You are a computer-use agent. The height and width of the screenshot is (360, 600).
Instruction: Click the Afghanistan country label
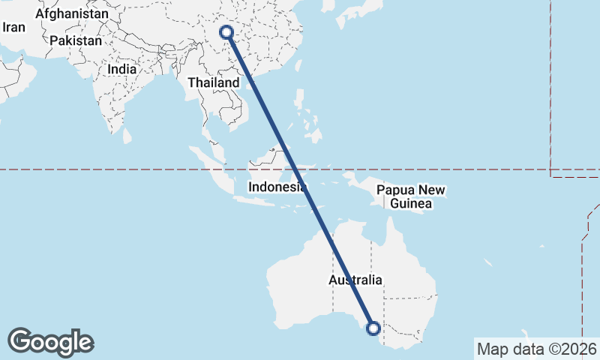(71, 13)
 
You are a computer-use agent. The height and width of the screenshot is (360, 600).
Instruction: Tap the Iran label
(14, 27)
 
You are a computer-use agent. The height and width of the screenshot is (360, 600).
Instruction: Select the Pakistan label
(76, 40)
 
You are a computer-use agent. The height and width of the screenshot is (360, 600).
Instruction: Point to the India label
(122, 68)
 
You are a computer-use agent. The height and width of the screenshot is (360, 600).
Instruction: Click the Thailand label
(213, 82)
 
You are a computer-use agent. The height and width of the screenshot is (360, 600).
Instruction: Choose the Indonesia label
(277, 187)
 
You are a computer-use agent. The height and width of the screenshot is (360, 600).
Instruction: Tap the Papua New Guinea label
(411, 197)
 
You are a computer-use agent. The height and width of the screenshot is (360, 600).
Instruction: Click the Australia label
(355, 280)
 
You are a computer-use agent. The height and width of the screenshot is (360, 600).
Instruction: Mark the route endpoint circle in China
(226, 32)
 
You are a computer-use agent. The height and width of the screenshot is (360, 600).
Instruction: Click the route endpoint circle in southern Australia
(373, 328)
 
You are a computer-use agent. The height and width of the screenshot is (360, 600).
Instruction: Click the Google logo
(50, 341)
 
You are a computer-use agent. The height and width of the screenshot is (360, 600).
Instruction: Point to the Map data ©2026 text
(537, 349)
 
